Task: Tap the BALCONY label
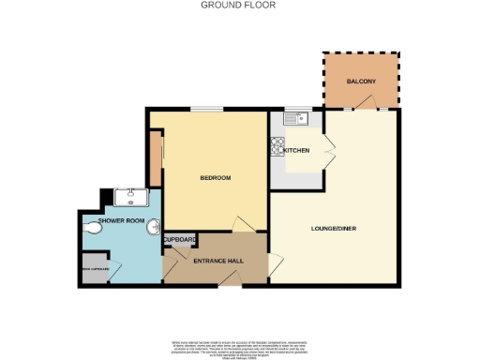pyautogui.click(x=360, y=82)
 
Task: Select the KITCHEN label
pyautogui.click(x=297, y=150)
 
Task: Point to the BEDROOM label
pyautogui.click(x=215, y=177)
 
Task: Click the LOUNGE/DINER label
pyautogui.click(x=333, y=228)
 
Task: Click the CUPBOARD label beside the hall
pyautogui.click(x=180, y=240)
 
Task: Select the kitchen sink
pyautogui.click(x=298, y=119)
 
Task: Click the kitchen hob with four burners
pyautogui.click(x=277, y=145)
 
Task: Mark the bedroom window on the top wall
pyautogui.click(x=207, y=109)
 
